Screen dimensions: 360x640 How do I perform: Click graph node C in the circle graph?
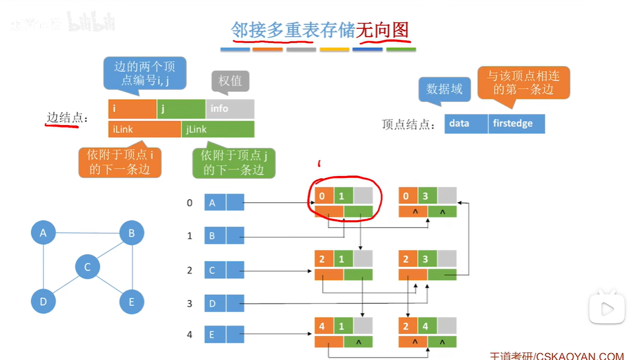pyautogui.click(x=87, y=267)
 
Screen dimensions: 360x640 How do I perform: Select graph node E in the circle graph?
pyautogui.click(x=131, y=301)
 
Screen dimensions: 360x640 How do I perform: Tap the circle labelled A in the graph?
pyautogui.click(x=43, y=233)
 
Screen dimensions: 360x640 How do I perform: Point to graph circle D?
pyautogui.click(x=43, y=301)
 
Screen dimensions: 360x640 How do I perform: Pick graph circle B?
pyautogui.click(x=131, y=233)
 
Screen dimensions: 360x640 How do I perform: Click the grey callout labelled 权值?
pyautogui.click(x=230, y=81)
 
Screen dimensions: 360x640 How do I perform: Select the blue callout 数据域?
pyautogui.click(x=444, y=89)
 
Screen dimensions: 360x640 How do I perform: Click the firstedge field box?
pyautogui.click(x=516, y=123)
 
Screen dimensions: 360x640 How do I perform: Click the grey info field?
pyautogui.click(x=230, y=109)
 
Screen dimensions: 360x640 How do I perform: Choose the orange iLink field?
pyautogui.click(x=144, y=129)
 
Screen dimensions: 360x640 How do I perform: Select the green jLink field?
pyautogui.click(x=218, y=129)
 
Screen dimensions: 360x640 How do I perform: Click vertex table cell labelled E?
pyautogui.click(x=212, y=334)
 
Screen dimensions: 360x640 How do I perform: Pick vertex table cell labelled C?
pyautogui.click(x=212, y=270)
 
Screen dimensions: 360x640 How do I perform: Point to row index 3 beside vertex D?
pyautogui.click(x=190, y=304)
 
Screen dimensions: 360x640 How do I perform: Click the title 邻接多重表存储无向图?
pyautogui.click(x=320, y=30)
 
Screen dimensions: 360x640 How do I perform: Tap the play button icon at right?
pyautogui.click(x=607, y=309)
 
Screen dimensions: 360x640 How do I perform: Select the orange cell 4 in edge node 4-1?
pyautogui.click(x=323, y=326)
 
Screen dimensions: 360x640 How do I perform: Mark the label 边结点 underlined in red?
pyautogui.click(x=64, y=117)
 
